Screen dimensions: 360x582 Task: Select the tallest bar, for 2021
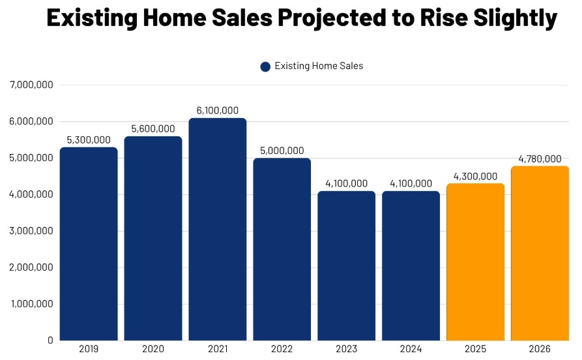(x=218, y=229)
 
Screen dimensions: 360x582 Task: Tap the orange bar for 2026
(x=540, y=253)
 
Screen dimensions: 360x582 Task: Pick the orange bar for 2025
(x=476, y=262)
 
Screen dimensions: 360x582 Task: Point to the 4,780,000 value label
(x=540, y=158)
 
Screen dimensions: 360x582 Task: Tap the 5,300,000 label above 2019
(x=89, y=140)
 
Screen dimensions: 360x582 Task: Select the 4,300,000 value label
(x=476, y=176)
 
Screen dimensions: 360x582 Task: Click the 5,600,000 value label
(x=153, y=129)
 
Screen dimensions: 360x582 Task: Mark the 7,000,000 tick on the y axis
(x=31, y=85)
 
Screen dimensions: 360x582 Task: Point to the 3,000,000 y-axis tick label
(x=31, y=231)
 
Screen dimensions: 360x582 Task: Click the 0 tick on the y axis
(x=50, y=340)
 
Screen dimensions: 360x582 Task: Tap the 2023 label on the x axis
(x=346, y=350)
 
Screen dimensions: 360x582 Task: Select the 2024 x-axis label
(x=411, y=350)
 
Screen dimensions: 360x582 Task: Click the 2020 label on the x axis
(x=153, y=350)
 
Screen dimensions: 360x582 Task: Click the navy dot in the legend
(x=265, y=67)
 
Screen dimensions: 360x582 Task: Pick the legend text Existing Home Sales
(x=319, y=66)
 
